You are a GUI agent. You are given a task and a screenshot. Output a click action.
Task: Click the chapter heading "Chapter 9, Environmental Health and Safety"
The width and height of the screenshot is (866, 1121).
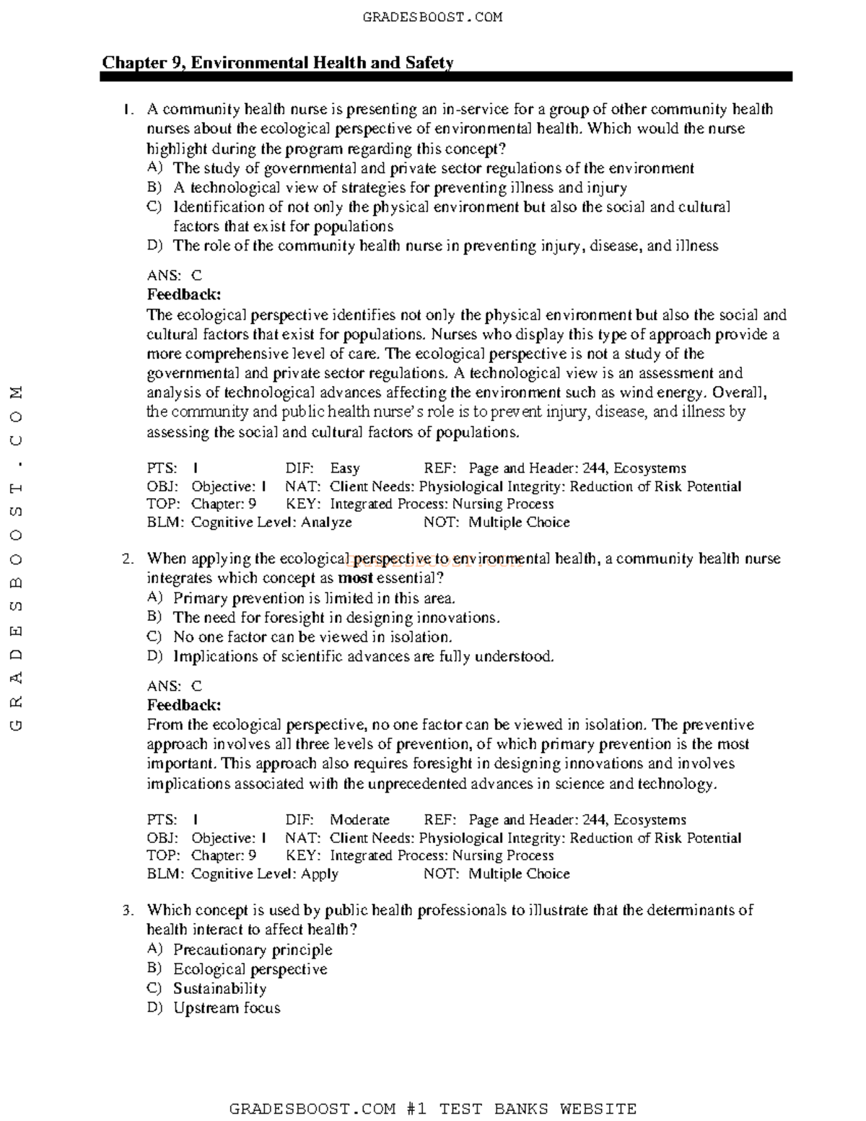277,62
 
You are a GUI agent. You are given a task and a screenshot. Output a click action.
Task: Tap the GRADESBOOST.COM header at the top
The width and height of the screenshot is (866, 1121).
432,17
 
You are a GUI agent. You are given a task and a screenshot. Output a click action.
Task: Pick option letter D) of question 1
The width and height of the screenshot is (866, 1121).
154,245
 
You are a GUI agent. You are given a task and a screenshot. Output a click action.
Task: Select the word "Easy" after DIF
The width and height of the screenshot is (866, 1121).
344,468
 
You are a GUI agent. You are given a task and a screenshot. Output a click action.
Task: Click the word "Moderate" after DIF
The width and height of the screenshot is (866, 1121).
359,819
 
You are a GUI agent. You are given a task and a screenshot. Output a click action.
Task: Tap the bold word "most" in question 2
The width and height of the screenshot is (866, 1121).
355,578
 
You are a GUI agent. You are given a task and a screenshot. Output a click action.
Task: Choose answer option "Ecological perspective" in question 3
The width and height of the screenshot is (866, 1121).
250,969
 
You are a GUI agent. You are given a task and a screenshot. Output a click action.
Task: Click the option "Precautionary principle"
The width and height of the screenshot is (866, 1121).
253,950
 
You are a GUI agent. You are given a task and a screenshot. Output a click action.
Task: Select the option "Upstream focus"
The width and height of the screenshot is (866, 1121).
227,1008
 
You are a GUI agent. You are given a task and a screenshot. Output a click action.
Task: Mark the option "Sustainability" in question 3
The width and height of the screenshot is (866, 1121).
219,989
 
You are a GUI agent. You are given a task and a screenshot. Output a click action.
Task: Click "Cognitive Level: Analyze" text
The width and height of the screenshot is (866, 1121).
271,522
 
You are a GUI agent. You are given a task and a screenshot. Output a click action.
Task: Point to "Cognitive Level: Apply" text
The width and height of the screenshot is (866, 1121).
264,873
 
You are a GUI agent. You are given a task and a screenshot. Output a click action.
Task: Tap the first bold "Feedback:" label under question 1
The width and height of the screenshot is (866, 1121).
184,295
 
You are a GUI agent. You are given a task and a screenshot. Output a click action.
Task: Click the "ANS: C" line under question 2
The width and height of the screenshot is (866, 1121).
175,686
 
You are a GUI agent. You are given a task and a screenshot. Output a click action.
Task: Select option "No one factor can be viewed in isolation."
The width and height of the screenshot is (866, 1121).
312,637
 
